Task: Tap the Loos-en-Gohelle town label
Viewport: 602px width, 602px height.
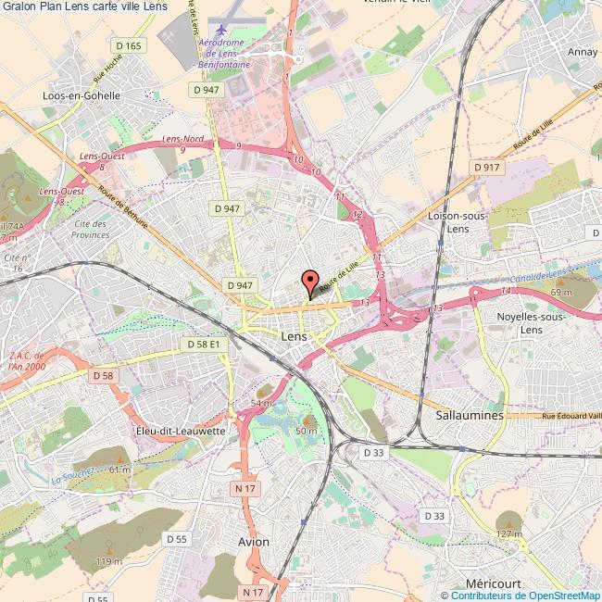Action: pyautogui.click(x=82, y=95)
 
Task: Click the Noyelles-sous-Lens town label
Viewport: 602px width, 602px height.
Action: pyautogui.click(x=532, y=323)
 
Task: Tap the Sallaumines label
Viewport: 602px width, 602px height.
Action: pyautogui.click(x=469, y=416)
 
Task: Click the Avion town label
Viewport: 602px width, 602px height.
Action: pyautogui.click(x=253, y=542)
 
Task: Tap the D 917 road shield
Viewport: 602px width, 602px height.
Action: pyautogui.click(x=485, y=167)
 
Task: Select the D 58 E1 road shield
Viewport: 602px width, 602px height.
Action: pyautogui.click(x=202, y=344)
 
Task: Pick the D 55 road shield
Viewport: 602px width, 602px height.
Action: pyautogui.click(x=176, y=538)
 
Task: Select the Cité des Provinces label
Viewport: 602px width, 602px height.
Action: pyautogui.click(x=89, y=230)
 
